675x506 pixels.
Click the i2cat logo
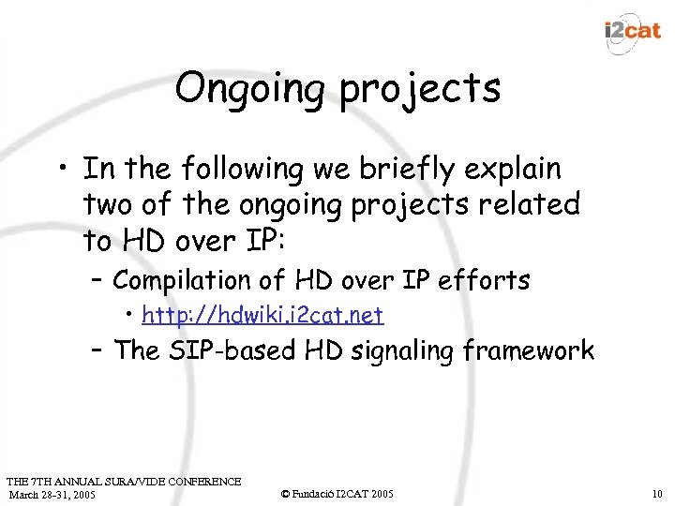click(634, 30)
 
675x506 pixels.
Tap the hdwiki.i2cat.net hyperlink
click(271, 314)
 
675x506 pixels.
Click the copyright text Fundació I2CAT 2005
click(337, 494)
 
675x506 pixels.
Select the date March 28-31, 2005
click(52, 494)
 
